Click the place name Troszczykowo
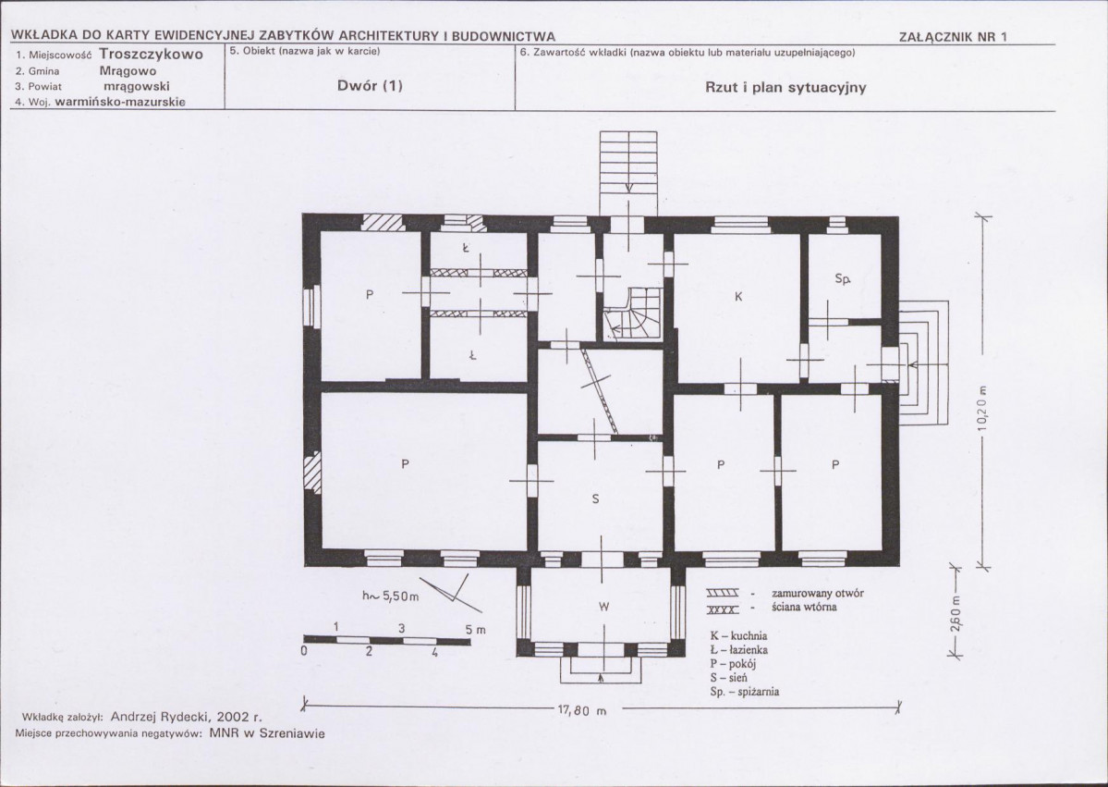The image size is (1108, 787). click(x=152, y=55)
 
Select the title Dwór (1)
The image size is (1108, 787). click(x=370, y=86)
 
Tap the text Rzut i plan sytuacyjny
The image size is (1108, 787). click(x=785, y=88)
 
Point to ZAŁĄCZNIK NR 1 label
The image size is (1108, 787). click(x=953, y=38)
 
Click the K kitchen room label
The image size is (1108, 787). click(x=738, y=297)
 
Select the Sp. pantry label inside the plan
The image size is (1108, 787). click(x=842, y=279)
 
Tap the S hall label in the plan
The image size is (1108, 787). click(x=596, y=499)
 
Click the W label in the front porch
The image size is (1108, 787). click(x=603, y=607)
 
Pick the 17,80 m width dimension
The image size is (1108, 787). click(x=582, y=710)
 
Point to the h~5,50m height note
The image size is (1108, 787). click(x=391, y=596)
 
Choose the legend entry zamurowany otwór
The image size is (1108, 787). click(x=818, y=593)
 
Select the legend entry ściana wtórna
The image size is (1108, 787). click(x=804, y=607)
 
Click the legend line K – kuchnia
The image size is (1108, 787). click(x=738, y=635)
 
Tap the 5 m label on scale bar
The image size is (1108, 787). click(x=476, y=630)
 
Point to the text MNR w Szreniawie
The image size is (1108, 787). click(x=267, y=733)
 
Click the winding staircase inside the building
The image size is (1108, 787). click(x=633, y=314)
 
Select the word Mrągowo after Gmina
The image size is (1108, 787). click(x=128, y=71)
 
